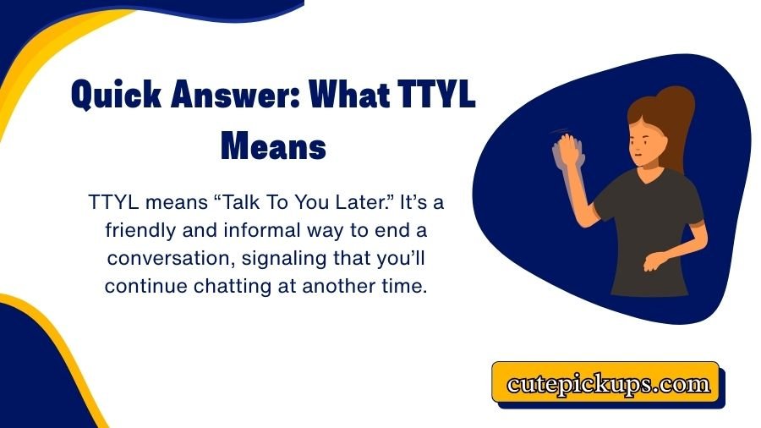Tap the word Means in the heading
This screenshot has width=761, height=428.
click(272, 147)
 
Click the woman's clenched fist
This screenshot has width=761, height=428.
click(650, 263)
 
